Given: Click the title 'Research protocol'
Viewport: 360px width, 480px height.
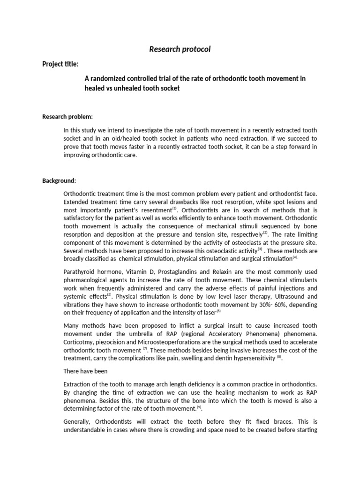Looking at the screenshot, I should [180, 49].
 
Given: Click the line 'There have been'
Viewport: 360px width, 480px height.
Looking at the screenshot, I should [85, 371].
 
